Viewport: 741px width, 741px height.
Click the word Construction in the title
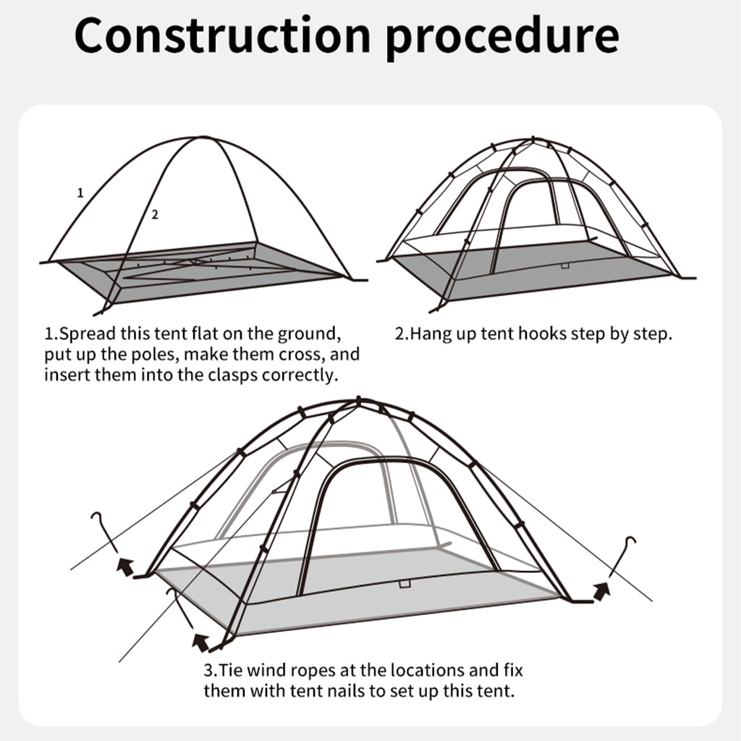(x=223, y=36)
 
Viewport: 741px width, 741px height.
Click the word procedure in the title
(x=502, y=38)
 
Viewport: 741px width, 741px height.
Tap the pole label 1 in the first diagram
(x=80, y=192)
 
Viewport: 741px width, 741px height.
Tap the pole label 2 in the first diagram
(x=155, y=215)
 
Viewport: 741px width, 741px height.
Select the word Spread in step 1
(x=88, y=334)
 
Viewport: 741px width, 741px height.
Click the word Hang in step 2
(x=430, y=334)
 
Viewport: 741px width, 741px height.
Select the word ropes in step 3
(x=315, y=671)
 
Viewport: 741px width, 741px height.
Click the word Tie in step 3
(x=230, y=670)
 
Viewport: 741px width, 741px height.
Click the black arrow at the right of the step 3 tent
(x=601, y=590)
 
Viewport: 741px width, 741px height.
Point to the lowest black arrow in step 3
(x=201, y=643)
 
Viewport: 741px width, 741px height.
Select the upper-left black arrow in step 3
(x=126, y=566)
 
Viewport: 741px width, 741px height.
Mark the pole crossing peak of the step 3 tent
(x=359, y=401)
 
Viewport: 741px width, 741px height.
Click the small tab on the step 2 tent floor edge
(x=565, y=266)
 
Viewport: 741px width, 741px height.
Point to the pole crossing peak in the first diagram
(x=203, y=137)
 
